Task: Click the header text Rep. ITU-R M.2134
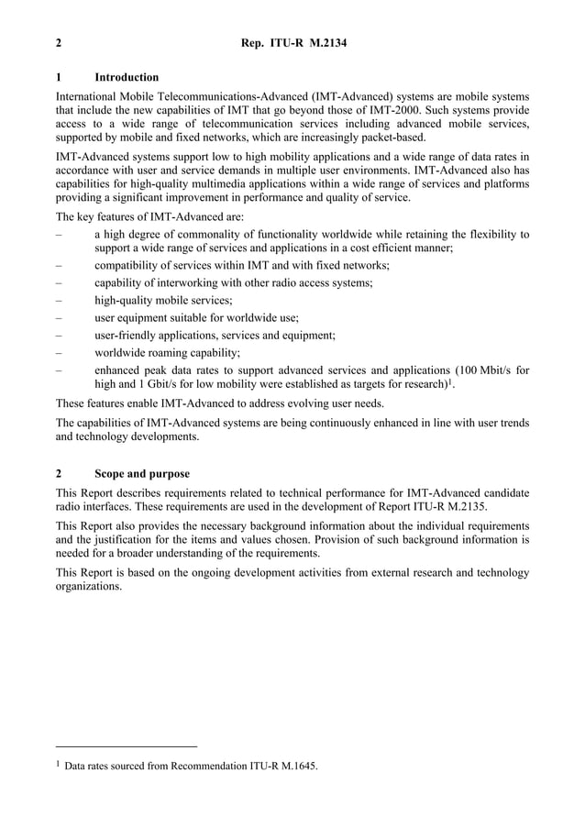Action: pyautogui.click(x=292, y=43)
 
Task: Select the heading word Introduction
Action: pyautogui.click(x=127, y=77)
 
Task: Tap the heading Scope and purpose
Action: pyautogui.click(x=142, y=474)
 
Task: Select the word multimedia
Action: pyautogui.click(x=238, y=184)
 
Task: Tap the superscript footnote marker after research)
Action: pyautogui.click(x=451, y=382)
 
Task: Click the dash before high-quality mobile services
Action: pyautogui.click(x=59, y=301)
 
